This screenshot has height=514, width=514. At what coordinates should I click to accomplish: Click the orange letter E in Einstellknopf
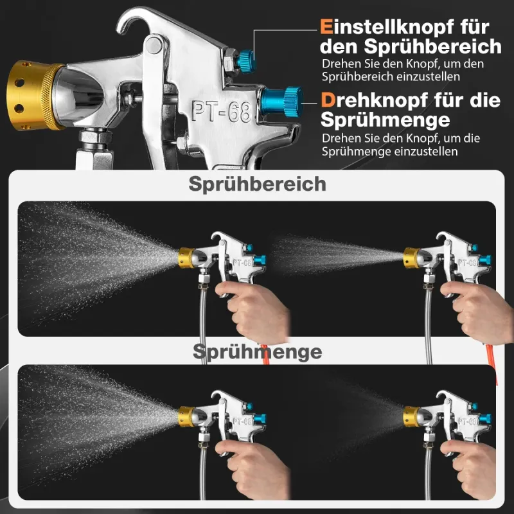coord(326,26)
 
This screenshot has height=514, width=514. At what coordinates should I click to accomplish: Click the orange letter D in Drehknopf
coord(328,100)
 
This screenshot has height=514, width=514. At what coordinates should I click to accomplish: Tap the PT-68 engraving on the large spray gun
coord(222,111)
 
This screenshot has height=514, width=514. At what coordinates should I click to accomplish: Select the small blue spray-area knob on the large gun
coord(247,59)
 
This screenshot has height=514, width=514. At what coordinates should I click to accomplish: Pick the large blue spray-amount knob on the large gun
coord(281,102)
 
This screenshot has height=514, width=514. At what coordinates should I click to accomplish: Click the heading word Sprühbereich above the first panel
coord(258,184)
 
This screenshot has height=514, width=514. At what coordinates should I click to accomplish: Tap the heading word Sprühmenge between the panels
coord(258,352)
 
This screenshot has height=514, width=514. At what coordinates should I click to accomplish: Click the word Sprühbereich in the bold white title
coord(432,46)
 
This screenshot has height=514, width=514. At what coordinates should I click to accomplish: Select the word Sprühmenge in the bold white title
coord(385,120)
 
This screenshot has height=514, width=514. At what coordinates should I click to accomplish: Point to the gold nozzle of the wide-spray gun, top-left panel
coord(186,258)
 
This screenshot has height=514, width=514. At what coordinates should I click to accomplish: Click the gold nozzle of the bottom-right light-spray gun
coord(411,416)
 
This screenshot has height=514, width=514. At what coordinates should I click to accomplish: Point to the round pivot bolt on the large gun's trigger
coord(154,45)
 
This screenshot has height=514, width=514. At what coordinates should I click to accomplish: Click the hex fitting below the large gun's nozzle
coord(95,137)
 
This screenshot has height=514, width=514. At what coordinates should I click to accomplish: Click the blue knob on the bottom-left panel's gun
coord(260,419)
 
